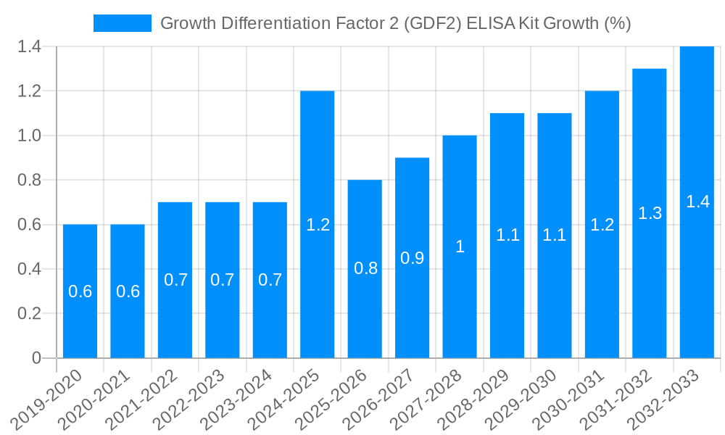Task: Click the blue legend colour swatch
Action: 123,23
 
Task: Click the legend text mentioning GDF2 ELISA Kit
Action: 395,23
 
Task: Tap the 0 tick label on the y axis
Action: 36,358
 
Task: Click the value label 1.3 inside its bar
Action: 650,213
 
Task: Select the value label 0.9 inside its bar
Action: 412,258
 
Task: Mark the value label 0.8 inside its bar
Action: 365,269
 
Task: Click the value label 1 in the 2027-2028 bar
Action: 460,246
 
